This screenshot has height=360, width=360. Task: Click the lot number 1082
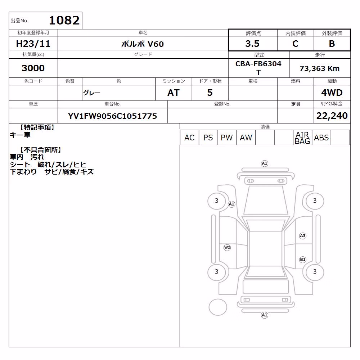pyautogui.click(x=64, y=20)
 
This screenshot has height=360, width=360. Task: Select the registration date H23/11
pyautogui.click(x=33, y=44)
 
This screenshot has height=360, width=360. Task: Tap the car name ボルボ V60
pyautogui.click(x=142, y=44)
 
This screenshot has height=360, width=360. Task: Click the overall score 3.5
pyautogui.click(x=252, y=44)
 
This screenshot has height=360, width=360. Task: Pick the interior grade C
pyautogui.click(x=295, y=44)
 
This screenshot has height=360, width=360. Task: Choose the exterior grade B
pyautogui.click(x=332, y=44)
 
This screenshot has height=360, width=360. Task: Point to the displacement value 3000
pyautogui.click(x=33, y=68)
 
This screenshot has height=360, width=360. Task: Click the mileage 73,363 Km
pyautogui.click(x=320, y=68)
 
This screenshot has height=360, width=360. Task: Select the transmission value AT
pyautogui.click(x=174, y=93)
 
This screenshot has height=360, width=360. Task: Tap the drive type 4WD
pyautogui.click(x=332, y=93)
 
